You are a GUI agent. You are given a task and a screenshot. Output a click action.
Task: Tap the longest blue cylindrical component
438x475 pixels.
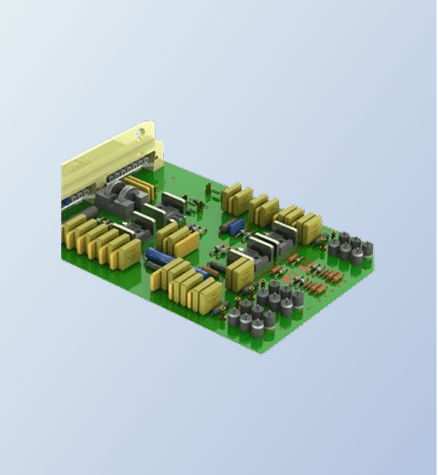[x=159, y=257]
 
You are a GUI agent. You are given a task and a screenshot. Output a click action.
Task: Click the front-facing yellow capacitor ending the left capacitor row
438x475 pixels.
[x=125, y=255]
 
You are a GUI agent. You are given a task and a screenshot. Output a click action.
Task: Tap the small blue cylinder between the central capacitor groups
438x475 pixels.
[x=201, y=272]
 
